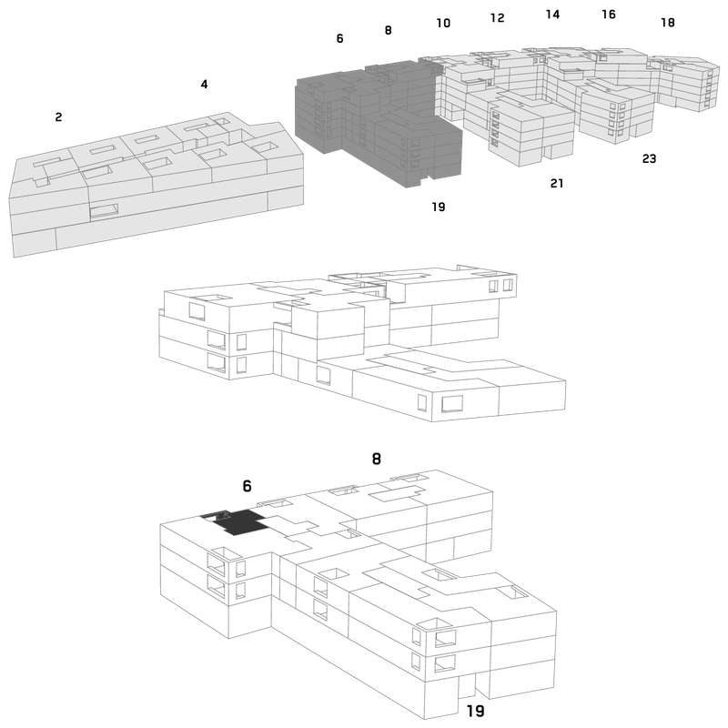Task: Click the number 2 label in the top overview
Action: click(x=58, y=117)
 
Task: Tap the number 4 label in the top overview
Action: click(x=204, y=84)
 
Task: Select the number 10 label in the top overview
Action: click(x=443, y=23)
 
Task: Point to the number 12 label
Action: click(x=497, y=17)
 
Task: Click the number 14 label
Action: click(x=552, y=15)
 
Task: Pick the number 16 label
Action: click(x=609, y=15)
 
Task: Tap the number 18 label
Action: click(x=668, y=22)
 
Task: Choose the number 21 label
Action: click(x=557, y=184)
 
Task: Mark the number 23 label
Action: click(x=649, y=158)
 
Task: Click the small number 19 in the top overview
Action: click(x=439, y=207)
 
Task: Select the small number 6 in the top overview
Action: click(x=339, y=38)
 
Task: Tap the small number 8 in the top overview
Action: click(x=389, y=30)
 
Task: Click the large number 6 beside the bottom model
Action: click(x=247, y=486)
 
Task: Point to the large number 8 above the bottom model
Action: click(x=377, y=459)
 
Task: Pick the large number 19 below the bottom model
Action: click(x=475, y=711)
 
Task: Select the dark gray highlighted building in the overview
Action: click(x=379, y=123)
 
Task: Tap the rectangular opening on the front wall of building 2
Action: click(x=104, y=211)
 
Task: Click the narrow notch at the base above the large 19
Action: click(x=467, y=686)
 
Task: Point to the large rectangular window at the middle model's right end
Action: click(x=452, y=403)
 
